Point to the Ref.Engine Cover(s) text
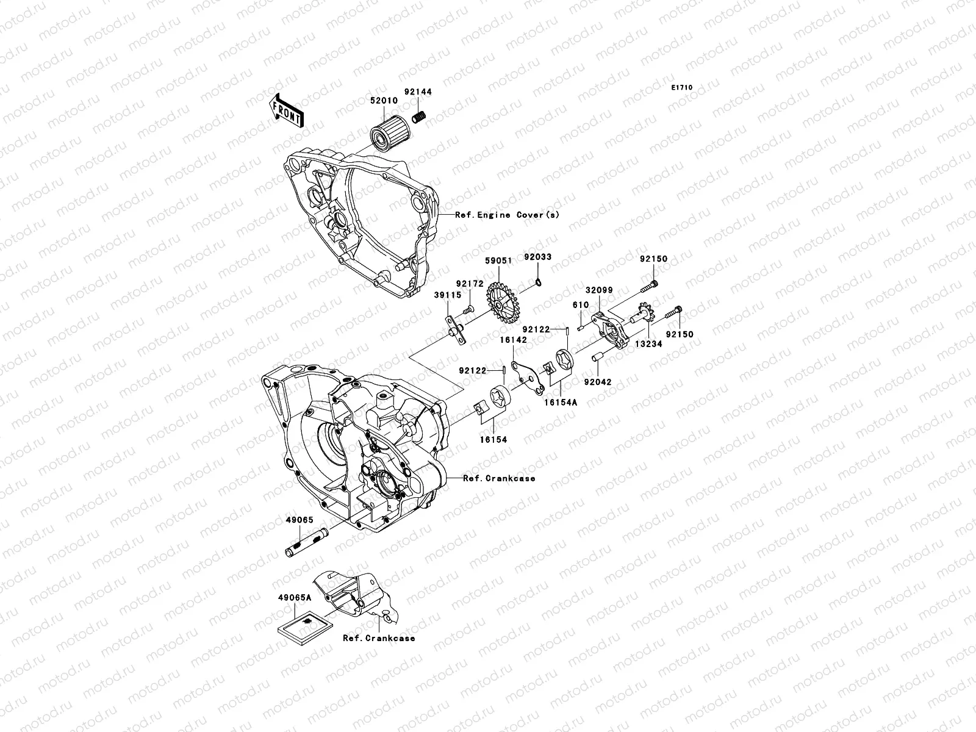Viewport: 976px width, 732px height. (x=507, y=215)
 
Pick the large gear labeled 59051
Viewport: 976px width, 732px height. (x=503, y=303)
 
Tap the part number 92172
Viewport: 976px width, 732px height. (x=469, y=284)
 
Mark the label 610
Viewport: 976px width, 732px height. (x=580, y=305)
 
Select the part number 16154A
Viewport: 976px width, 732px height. (x=561, y=402)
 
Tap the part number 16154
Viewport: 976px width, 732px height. (x=492, y=439)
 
